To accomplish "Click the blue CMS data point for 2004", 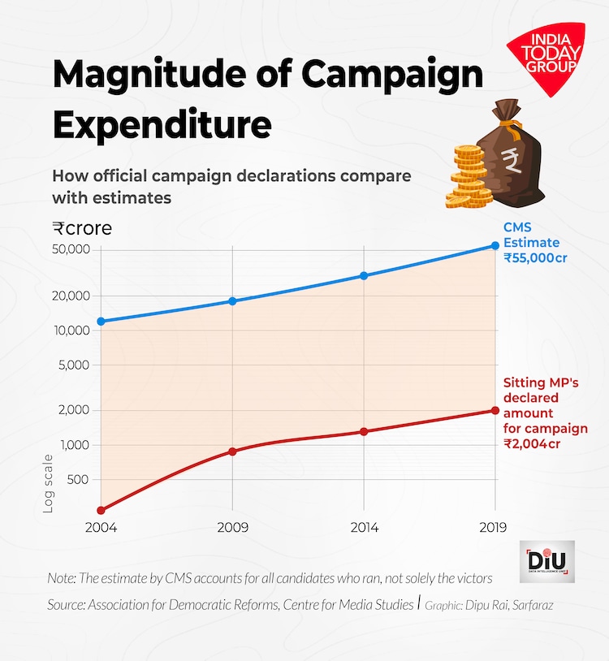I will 101,322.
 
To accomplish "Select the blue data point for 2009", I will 232,301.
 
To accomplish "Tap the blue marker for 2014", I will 364,276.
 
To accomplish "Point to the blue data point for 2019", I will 495,245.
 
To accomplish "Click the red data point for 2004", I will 101,510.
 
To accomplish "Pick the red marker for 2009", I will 232,451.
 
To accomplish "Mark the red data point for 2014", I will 364,431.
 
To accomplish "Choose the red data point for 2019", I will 495,410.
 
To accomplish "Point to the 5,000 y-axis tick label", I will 72,365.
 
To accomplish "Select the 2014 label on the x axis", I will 364,528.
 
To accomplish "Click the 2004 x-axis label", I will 101,528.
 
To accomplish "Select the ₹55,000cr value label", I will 534,258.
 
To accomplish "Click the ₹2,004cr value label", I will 532,444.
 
